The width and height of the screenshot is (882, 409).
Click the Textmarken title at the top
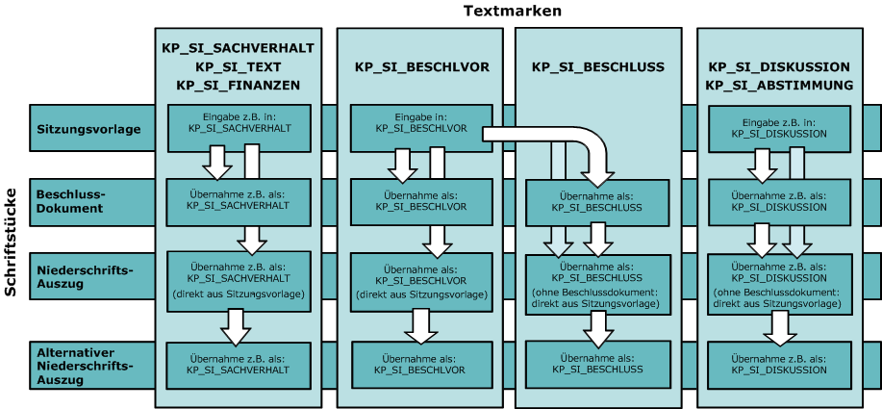click(513, 11)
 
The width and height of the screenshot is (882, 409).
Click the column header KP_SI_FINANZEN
click(239, 85)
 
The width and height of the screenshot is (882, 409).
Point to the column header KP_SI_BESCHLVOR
click(422, 66)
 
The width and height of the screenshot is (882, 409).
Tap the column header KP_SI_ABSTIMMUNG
click(779, 85)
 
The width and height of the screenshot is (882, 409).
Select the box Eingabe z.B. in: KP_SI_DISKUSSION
click(778, 127)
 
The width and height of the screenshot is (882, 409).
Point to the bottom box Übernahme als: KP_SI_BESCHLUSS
click(597, 364)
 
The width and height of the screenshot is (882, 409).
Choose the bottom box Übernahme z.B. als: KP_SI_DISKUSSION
click(778, 364)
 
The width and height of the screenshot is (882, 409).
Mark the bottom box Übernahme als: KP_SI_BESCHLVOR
click(416, 364)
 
